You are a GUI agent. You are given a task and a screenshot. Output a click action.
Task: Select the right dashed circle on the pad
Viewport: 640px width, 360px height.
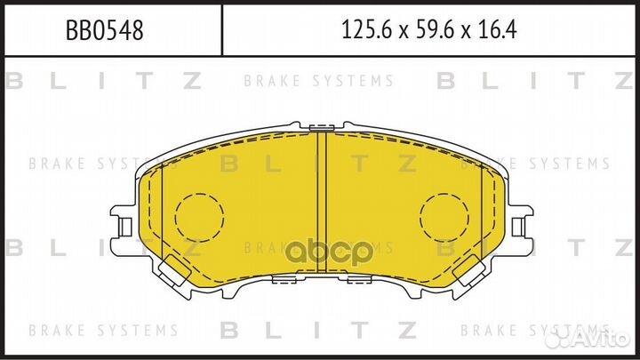[444, 219]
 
